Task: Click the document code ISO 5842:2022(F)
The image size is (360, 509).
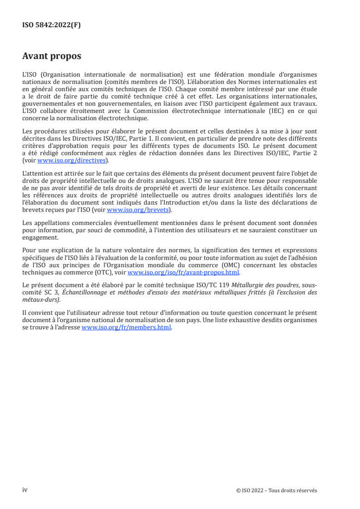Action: click(51, 25)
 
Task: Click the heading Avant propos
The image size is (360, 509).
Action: click(52, 56)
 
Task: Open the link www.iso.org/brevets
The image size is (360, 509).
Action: click(138, 210)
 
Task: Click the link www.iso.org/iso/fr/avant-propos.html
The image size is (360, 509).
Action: click(183, 273)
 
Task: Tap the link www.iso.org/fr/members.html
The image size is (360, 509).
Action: click(126, 328)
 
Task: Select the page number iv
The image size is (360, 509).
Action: click(25, 490)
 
